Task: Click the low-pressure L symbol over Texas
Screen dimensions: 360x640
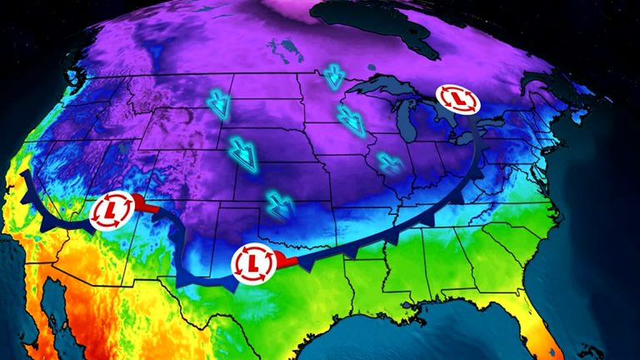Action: tap(253, 263)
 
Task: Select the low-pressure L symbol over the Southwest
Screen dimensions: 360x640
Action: tap(112, 210)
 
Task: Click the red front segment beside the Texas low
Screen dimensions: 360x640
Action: tap(284, 262)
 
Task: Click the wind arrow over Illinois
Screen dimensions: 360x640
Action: tap(387, 162)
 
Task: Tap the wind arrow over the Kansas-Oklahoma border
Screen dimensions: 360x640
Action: tap(279, 203)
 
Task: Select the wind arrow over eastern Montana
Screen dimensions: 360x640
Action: tap(219, 107)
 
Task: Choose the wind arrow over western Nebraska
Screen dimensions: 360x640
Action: tap(243, 151)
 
